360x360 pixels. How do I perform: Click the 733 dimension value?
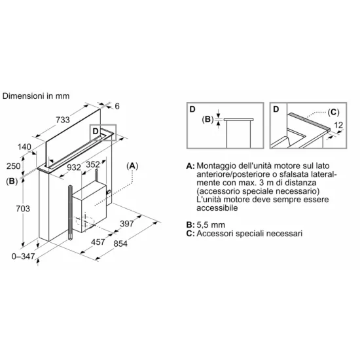63,120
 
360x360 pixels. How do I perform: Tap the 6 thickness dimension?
117,106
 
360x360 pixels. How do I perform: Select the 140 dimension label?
24,147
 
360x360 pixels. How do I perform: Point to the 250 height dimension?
14,166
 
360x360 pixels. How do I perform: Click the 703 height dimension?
23,208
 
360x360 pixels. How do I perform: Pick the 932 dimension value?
74,168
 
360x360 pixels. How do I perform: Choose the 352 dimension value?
93,164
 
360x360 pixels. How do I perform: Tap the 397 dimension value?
127,223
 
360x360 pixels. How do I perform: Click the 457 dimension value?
98,242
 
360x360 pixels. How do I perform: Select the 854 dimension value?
120,243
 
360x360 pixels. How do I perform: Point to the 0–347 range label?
23,256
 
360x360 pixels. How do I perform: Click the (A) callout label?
132,166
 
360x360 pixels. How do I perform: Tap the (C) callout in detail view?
333,113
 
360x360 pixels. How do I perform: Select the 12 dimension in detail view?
338,125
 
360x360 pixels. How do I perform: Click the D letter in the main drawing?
96,131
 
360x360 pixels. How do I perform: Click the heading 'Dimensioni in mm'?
36,96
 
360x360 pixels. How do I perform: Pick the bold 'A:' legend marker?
190,166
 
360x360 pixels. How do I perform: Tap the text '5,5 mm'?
211,225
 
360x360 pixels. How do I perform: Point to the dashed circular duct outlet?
85,221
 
